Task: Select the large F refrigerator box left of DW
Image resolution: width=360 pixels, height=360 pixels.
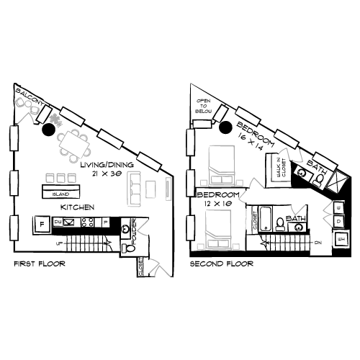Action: tap(42, 224)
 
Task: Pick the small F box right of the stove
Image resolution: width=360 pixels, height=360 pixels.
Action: tap(105, 223)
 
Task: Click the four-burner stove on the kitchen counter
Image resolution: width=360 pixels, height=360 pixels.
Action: tap(88, 222)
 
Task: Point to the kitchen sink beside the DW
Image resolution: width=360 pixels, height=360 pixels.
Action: tap(70, 222)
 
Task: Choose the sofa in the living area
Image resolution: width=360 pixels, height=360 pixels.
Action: tap(134, 187)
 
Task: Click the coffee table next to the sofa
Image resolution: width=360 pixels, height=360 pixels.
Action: tap(150, 189)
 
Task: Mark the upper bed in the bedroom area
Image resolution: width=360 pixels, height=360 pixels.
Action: tap(220, 164)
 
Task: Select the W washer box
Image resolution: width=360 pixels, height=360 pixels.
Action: tap(339, 208)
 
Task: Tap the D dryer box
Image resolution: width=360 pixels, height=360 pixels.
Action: tap(339, 222)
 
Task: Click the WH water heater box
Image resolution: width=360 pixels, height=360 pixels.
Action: tap(341, 238)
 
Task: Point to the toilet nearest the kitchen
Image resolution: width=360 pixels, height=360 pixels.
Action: tap(129, 248)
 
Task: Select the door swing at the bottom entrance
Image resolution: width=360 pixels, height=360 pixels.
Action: tap(160, 267)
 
